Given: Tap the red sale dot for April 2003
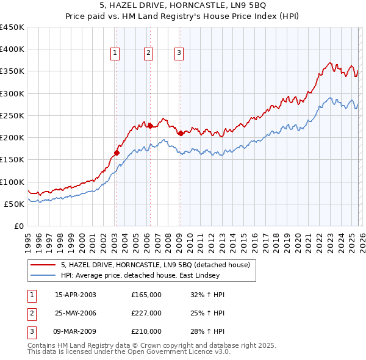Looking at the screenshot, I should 117,153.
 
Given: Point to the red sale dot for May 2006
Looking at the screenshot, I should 150,126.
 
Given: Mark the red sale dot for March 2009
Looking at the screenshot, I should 181,133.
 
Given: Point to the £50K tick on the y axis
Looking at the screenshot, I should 15,204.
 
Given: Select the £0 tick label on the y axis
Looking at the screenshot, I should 18,226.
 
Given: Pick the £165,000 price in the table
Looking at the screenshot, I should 146,295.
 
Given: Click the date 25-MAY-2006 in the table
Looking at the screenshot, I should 76,313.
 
